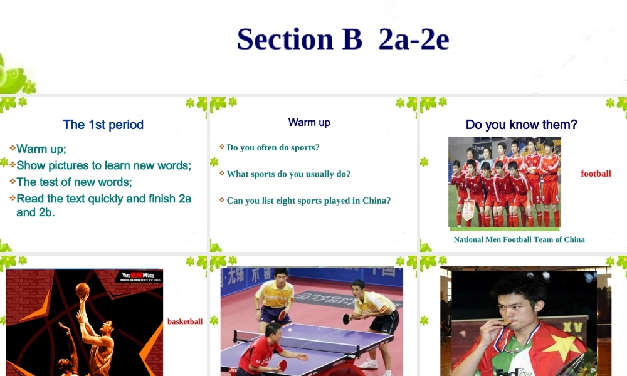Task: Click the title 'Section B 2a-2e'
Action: point(343,39)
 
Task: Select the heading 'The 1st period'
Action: point(103,125)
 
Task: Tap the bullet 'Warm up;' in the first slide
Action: point(41,149)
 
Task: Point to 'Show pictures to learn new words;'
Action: point(103,165)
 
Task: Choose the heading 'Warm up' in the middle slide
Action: point(309,122)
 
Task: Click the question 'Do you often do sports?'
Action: point(273,147)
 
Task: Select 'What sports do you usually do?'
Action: point(288,174)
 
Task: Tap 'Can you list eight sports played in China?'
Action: point(308,201)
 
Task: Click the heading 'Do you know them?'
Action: point(522,125)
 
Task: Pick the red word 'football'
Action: point(596,174)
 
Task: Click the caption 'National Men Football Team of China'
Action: point(519,239)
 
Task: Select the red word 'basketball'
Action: point(185,321)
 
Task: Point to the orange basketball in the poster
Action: point(82,290)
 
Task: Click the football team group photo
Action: point(505,182)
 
